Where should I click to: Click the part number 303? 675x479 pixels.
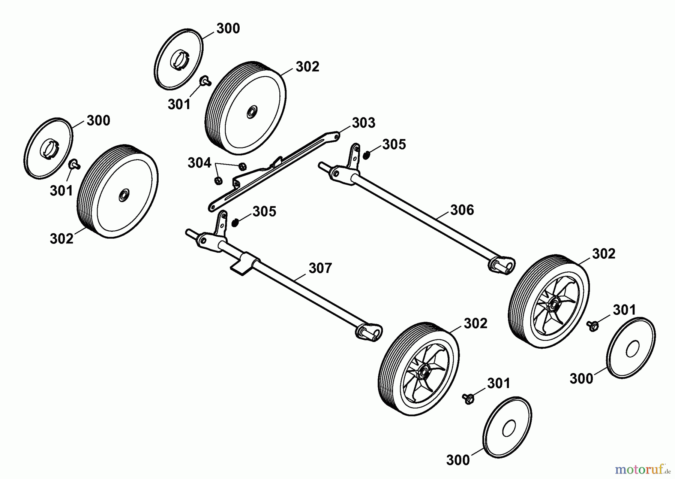[363, 123]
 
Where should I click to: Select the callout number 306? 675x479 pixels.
[462, 210]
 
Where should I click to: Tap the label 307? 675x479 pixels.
[320, 268]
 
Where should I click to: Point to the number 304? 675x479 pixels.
[199, 163]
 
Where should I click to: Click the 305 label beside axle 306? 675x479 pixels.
[394, 145]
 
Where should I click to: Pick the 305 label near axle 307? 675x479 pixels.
[264, 212]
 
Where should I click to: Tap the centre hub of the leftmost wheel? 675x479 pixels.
[122, 195]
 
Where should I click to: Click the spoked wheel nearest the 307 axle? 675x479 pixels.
[419, 369]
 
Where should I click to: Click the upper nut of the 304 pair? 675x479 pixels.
[242, 166]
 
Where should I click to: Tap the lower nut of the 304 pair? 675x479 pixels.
[218, 181]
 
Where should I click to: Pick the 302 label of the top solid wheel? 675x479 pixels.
[307, 67]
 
